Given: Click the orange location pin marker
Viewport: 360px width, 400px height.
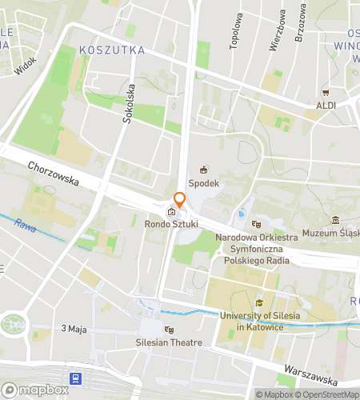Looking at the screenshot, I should click(180, 200).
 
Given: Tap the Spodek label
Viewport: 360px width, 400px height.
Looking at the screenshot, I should click(204, 183).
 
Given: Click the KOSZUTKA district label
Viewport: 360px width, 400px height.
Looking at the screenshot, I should click(112, 50).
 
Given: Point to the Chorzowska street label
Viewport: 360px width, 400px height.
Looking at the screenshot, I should click(53, 174).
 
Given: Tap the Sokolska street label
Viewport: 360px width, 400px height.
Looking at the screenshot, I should click(129, 104).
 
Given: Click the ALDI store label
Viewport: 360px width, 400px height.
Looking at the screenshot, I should click(326, 105).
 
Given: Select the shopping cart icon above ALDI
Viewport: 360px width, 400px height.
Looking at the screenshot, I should click(326, 92).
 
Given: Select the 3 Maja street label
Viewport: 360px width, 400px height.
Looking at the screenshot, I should click(74, 329).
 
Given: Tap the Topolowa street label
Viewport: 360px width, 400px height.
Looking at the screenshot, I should click(236, 32).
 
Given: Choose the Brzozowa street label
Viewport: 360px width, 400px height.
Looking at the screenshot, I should click(301, 22).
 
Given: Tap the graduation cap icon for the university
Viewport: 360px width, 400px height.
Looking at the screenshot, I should click(259, 303).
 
